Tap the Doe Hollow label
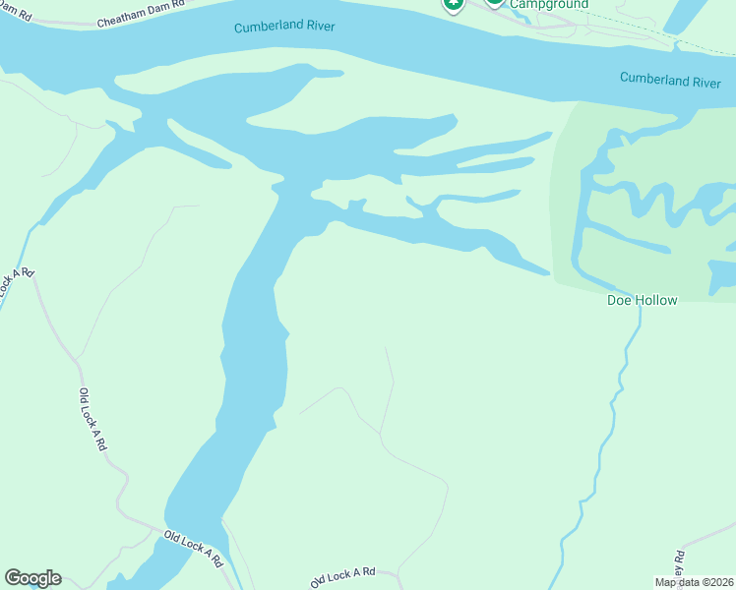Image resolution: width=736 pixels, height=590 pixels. tap(641, 300)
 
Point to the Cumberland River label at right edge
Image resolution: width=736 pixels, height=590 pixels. tap(670, 80)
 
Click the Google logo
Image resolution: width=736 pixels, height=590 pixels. tap(32, 578)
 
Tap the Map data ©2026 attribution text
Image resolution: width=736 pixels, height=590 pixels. tap(694, 582)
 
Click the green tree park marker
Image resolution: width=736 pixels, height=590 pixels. tap(453, 5)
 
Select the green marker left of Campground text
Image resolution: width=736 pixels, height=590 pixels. tap(494, 4)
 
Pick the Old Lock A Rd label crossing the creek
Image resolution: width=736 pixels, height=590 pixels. tap(195, 549)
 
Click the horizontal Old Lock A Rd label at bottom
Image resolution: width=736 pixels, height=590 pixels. tap(343, 576)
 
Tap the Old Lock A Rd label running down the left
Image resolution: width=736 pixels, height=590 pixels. tap(92, 419)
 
